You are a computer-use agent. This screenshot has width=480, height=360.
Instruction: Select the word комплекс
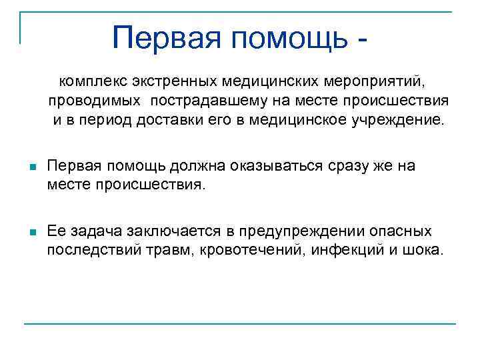[92, 81]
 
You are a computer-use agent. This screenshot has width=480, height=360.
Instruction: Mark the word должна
[170, 165]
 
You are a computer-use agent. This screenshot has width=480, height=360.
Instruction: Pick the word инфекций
[328, 251]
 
